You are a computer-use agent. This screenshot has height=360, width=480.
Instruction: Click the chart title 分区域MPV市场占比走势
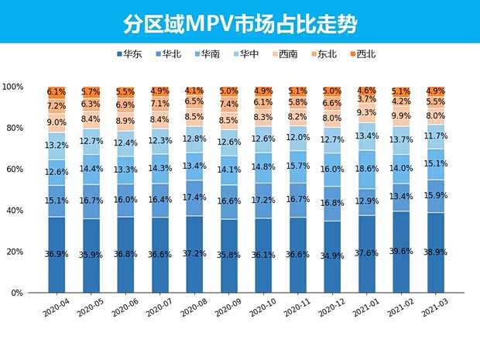(239, 22)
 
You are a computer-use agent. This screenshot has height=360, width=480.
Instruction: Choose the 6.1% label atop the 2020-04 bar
(57, 92)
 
